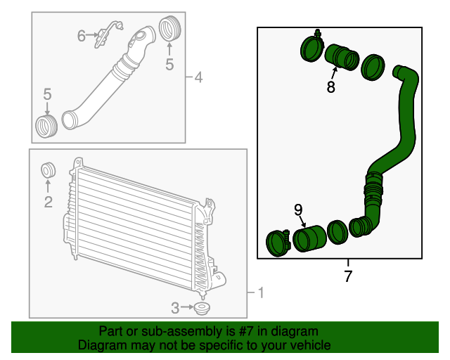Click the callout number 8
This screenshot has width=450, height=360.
pyautogui.click(x=330, y=87)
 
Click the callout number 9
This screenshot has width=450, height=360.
pyautogui.click(x=298, y=210)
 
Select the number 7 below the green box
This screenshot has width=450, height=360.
pyautogui.click(x=348, y=276)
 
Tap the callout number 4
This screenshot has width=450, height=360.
pyautogui.click(x=198, y=77)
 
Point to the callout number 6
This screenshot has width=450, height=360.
pyautogui.click(x=82, y=35)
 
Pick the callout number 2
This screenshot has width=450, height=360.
pyautogui.click(x=48, y=203)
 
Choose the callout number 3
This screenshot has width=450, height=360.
pyautogui.click(x=176, y=307)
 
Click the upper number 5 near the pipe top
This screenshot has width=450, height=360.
pyautogui.click(x=169, y=65)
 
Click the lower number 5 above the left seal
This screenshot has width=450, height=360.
pyautogui.click(x=48, y=94)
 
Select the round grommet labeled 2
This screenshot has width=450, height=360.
pyautogui.click(x=49, y=171)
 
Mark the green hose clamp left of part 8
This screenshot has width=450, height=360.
pyautogui.click(x=311, y=48)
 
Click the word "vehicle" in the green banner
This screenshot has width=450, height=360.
pyautogui.click(x=307, y=345)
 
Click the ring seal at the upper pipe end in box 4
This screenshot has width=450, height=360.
pyautogui.click(x=169, y=31)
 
